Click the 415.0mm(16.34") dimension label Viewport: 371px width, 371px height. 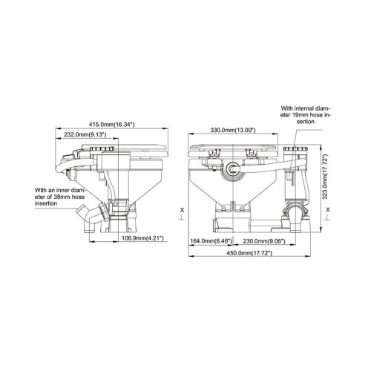point(112,125)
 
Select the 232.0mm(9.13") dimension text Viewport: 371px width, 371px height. point(85,134)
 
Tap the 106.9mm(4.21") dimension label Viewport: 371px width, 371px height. point(142,238)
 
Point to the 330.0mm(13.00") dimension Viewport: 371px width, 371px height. point(233,130)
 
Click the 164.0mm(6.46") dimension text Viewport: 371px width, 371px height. point(211,241)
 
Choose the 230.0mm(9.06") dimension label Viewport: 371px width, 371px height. point(264,241)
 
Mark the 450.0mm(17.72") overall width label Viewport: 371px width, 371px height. point(249,253)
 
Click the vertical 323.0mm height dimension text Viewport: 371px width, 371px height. point(325,176)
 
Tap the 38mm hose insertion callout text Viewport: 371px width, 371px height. point(59,197)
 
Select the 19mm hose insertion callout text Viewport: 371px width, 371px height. point(306,115)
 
